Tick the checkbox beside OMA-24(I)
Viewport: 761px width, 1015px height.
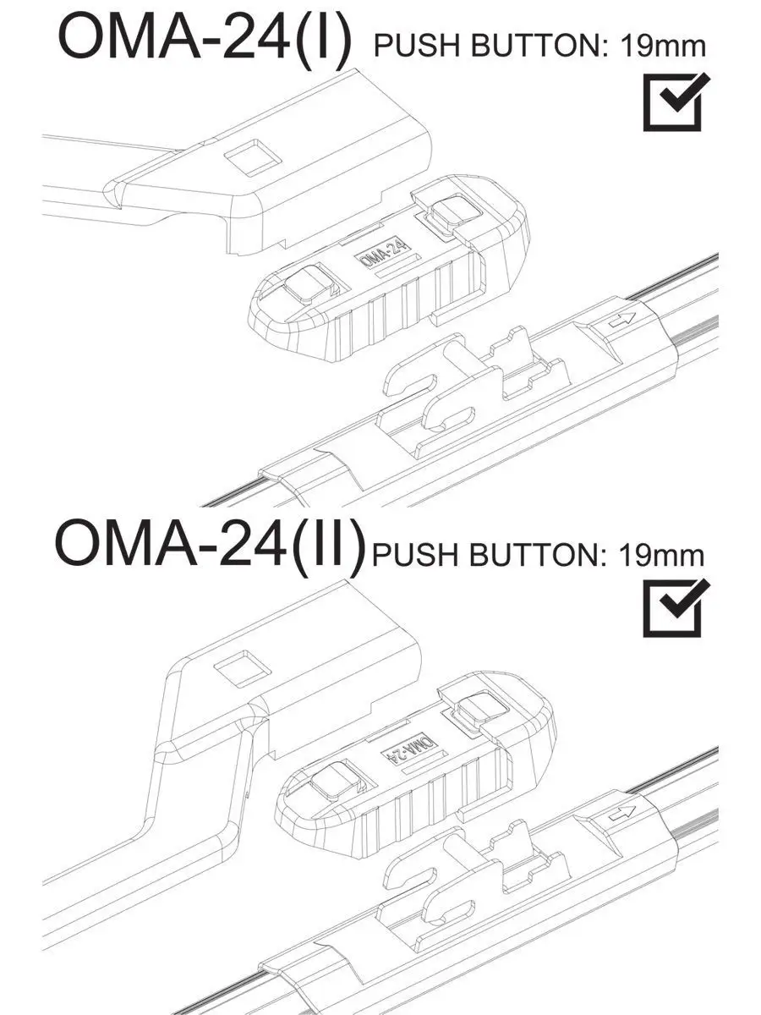673,102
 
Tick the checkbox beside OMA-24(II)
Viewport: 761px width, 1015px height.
673,608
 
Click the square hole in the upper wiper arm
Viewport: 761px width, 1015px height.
250,157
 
